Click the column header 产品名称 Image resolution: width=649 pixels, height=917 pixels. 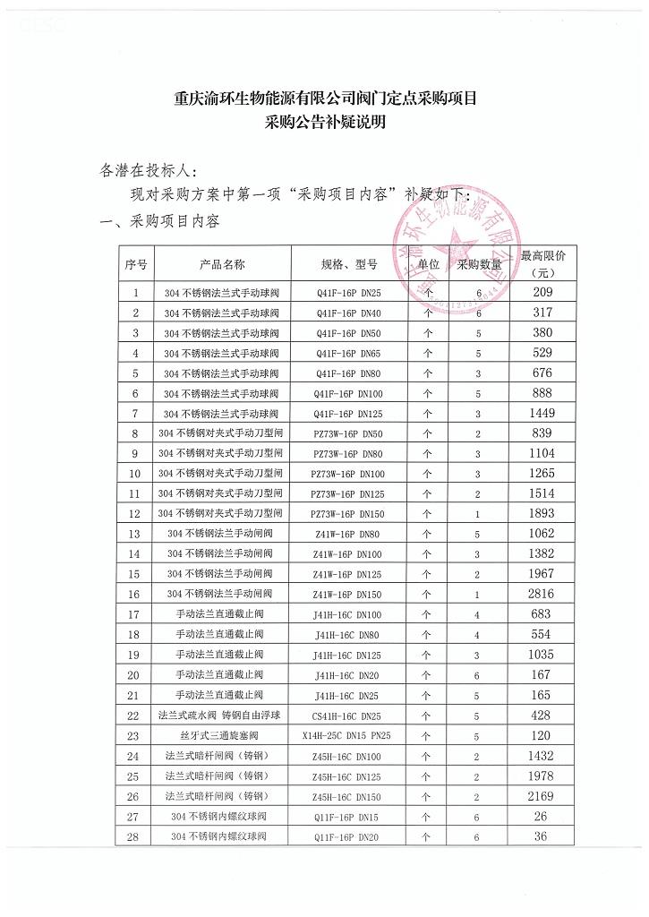click(x=221, y=265)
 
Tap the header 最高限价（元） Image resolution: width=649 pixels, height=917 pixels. click(x=543, y=264)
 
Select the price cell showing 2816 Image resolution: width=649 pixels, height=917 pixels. click(x=543, y=595)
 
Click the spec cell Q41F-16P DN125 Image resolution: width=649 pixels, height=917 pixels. click(x=348, y=414)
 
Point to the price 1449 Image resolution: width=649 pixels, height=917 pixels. click(x=542, y=413)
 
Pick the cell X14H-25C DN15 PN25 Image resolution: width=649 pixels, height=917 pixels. click(x=348, y=736)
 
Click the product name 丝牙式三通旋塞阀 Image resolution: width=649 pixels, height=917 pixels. click(x=221, y=736)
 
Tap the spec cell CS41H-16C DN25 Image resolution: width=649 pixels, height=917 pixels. click(x=348, y=716)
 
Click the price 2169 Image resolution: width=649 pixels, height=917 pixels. click(x=542, y=796)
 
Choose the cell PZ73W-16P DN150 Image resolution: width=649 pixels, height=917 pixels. click(x=348, y=514)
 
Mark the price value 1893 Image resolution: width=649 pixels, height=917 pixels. click(x=542, y=514)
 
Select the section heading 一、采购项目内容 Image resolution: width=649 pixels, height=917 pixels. click(x=160, y=220)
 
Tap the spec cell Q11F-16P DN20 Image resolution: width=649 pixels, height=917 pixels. click(x=348, y=836)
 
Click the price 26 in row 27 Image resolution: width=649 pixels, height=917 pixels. click(x=542, y=816)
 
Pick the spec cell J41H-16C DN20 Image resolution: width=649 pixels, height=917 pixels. click(x=348, y=675)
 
